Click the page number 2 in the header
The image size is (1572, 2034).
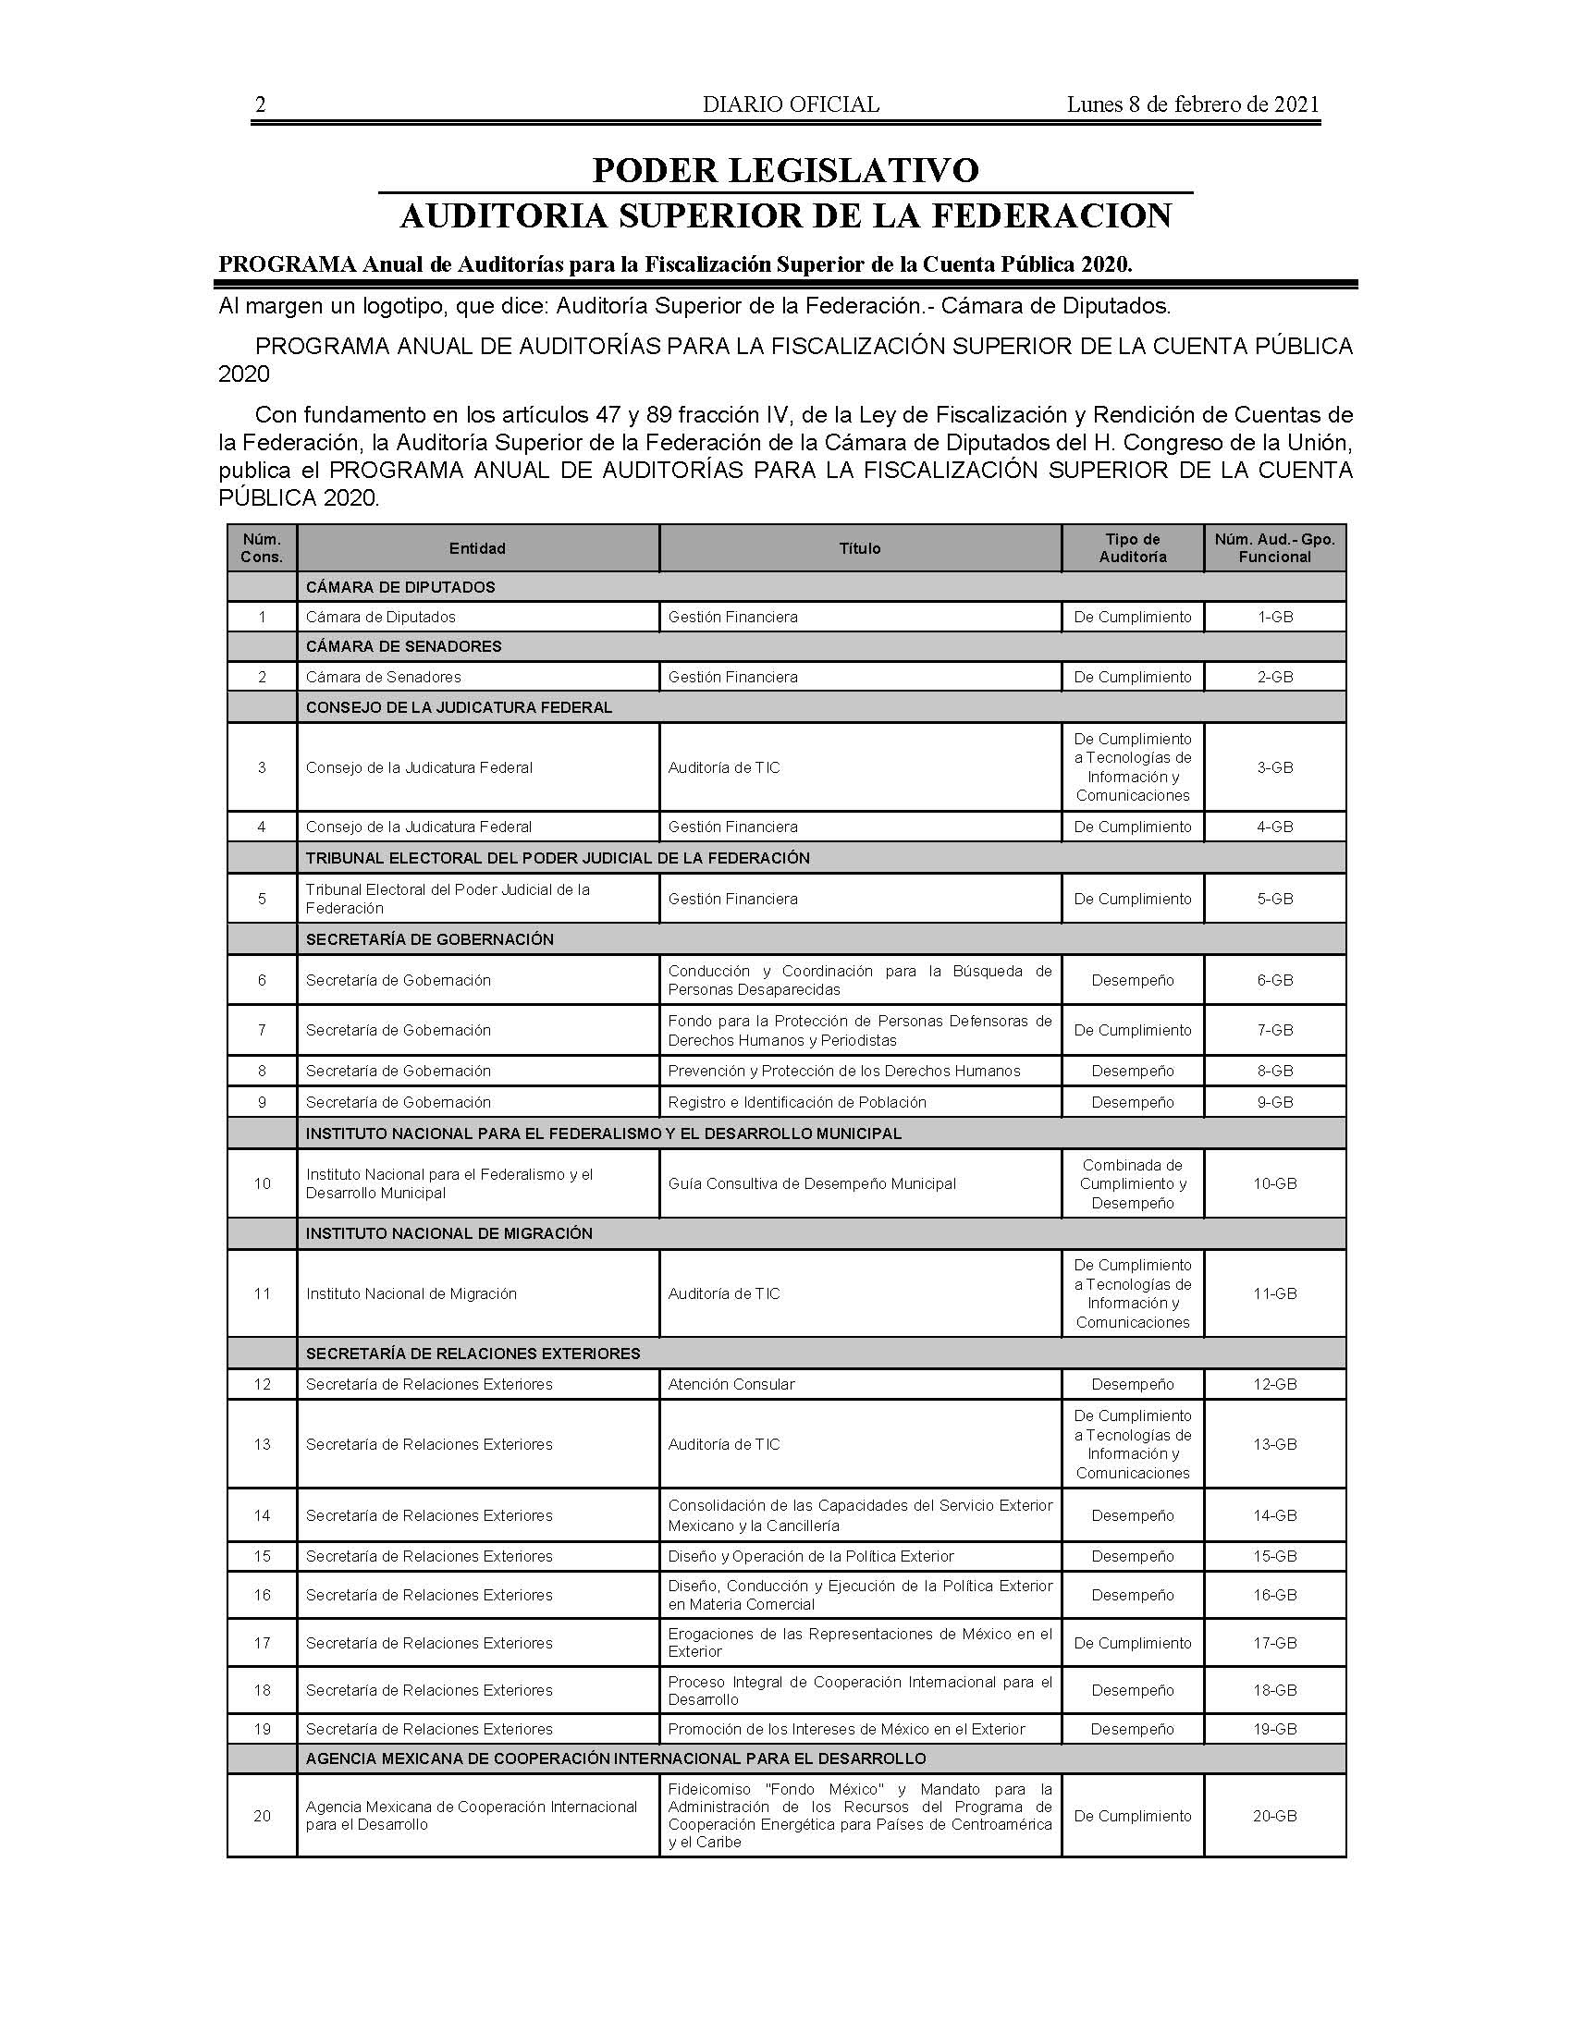[x=261, y=105]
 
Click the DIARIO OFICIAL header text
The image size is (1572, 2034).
[x=791, y=105]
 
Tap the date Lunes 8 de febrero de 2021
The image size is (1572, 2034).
[x=1193, y=105]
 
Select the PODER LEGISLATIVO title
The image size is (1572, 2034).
[x=785, y=170]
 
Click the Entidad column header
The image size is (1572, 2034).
[x=477, y=548]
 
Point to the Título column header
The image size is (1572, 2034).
[x=860, y=548]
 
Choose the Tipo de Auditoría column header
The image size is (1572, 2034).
[x=1133, y=548]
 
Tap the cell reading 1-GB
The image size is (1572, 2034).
[x=1274, y=617]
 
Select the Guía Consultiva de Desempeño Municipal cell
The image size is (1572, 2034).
[x=812, y=1183]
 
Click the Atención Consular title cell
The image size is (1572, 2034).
[x=731, y=1384]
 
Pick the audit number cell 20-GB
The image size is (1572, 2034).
[x=1274, y=1816]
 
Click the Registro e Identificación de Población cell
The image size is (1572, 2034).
[x=797, y=1102]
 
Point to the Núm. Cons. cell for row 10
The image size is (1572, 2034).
[x=262, y=1183]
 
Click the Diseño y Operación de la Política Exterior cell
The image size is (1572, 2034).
[x=810, y=1556]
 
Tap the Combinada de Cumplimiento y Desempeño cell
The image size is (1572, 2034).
[x=1133, y=1183]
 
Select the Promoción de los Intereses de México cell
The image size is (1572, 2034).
[x=845, y=1729]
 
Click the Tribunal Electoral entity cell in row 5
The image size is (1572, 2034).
[x=448, y=899]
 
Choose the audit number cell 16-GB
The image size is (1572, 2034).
[x=1274, y=1596]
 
